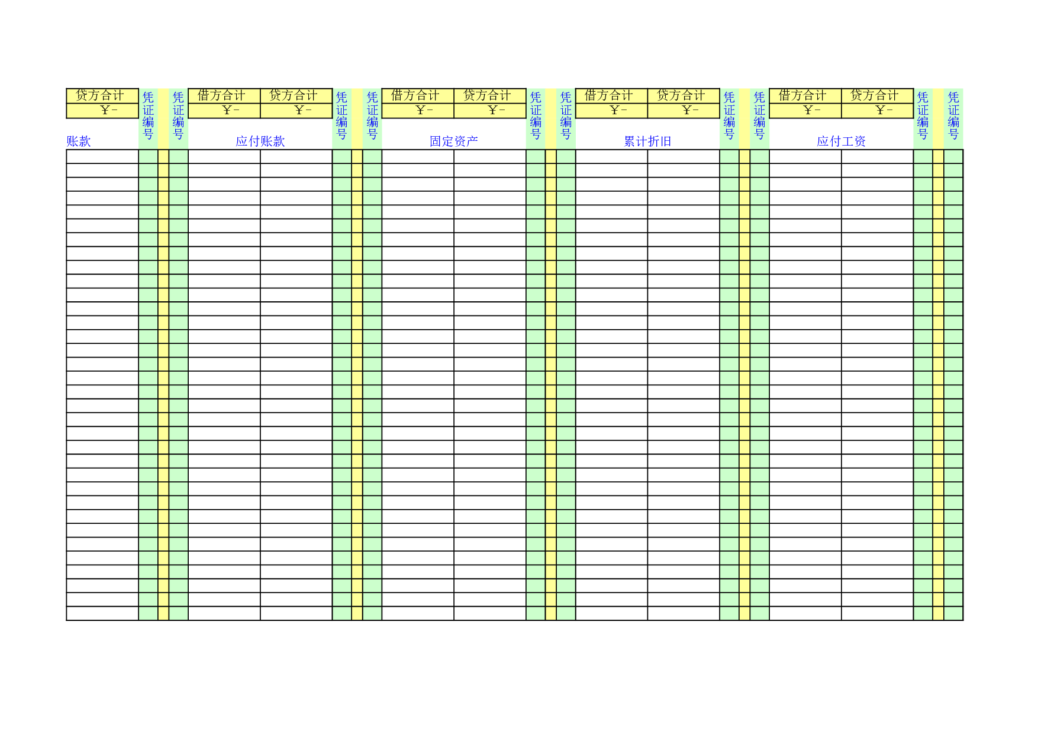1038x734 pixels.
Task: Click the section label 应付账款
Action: pos(260,141)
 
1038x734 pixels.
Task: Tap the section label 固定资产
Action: pos(454,141)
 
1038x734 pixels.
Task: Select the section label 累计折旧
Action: pos(647,141)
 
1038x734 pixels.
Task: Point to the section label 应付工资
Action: pos(841,141)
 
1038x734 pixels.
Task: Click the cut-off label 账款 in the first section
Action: pos(79,141)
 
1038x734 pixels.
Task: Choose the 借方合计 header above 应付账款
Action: pos(221,95)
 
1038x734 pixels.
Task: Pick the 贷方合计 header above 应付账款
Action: pos(294,95)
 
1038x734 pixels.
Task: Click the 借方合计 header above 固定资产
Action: pos(415,95)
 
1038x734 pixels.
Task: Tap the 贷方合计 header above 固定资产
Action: pos(487,95)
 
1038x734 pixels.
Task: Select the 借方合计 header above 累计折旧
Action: pos(608,95)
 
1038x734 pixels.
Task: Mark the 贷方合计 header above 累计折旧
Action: pos(681,95)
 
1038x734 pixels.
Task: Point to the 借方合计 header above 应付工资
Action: pos(802,95)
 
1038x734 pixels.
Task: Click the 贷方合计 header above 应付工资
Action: pos(875,95)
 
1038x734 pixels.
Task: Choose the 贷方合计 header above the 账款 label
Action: pos(100,95)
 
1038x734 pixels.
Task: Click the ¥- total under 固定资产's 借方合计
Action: pos(424,110)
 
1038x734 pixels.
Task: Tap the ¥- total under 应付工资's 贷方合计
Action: pos(884,110)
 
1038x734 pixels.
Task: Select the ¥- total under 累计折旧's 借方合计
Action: pos(618,110)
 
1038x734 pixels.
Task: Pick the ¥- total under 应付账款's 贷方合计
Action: pos(303,110)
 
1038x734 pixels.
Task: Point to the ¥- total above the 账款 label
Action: pos(109,110)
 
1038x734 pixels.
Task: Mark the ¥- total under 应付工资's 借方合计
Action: pos(812,110)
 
